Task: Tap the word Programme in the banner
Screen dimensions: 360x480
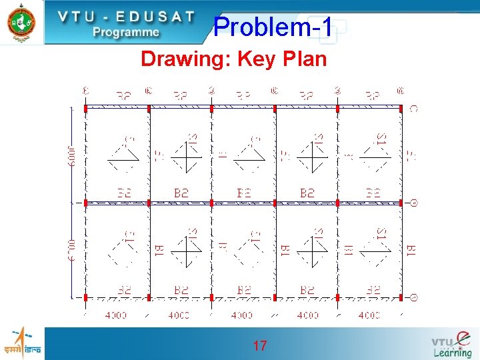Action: pos(126,32)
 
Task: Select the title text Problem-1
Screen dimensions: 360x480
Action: pos(273,27)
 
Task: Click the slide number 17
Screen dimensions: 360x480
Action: pos(260,346)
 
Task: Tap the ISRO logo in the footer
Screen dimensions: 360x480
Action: pos(21,342)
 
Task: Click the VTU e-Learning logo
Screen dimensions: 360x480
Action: pos(452,344)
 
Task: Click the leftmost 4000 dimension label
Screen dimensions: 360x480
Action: pos(116,315)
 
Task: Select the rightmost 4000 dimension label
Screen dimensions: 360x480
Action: pos(369,315)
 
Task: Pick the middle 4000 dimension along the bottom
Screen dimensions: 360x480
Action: pos(242,315)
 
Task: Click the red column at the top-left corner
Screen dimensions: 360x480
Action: pos(86,107)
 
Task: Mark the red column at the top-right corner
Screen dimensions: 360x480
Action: pos(401,107)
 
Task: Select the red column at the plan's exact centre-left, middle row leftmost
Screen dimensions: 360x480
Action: pos(86,202)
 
